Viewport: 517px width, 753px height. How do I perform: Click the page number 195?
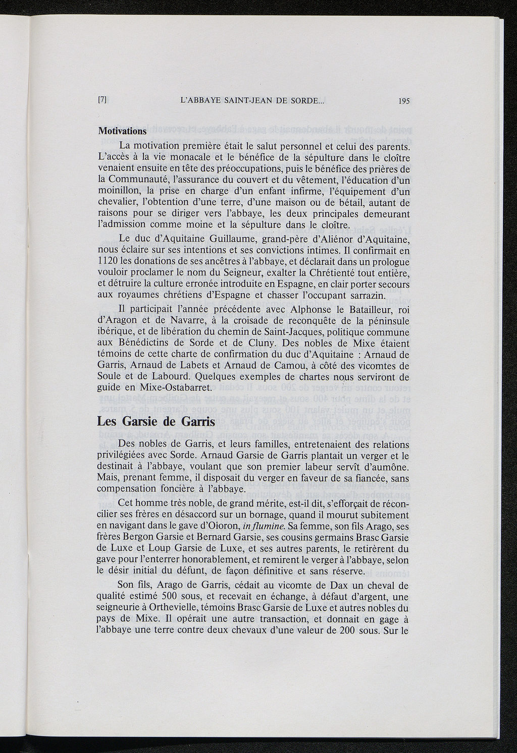click(x=403, y=100)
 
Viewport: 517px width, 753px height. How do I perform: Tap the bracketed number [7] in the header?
click(x=101, y=100)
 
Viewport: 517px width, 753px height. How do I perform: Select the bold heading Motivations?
click(x=122, y=130)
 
